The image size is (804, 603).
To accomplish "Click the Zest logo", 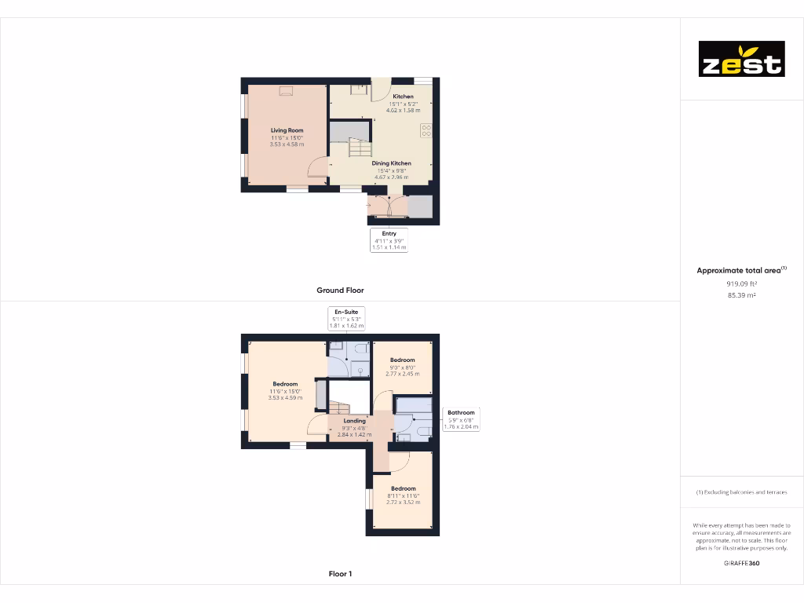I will (741, 59).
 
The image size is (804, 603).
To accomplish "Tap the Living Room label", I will (287, 130).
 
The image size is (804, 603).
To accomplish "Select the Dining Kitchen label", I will (392, 163).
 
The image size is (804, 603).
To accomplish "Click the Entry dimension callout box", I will (389, 240).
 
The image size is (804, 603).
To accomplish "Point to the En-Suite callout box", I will (346, 318).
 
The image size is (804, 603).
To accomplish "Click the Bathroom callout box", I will (461, 419).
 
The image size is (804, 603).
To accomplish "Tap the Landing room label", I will (354, 421).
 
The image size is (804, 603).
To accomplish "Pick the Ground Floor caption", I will (340, 291).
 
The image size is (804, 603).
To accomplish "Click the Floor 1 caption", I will (340, 574).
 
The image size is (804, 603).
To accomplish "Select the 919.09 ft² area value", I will (741, 283).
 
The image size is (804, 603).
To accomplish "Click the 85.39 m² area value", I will (741, 295).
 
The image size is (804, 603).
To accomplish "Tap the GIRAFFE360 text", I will (741, 563).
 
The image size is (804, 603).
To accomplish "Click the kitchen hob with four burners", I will (426, 130).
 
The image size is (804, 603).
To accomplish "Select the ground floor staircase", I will (359, 148).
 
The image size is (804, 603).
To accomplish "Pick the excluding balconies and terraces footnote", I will (741, 492).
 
